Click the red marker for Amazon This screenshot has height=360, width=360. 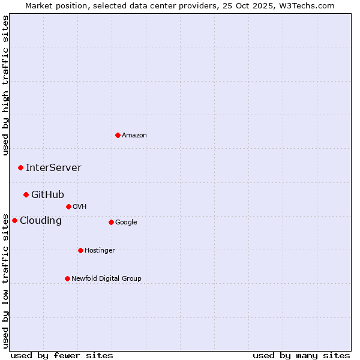[x=118, y=135]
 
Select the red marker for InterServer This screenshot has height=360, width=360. [x=20, y=167]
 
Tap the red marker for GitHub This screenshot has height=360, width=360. [x=26, y=194]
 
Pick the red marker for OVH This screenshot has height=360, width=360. [x=68, y=206]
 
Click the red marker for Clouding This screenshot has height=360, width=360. [x=14, y=220]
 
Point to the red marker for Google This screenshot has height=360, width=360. [x=111, y=222]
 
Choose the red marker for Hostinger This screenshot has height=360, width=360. [x=80, y=250]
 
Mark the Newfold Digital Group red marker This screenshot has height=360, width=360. [x=67, y=278]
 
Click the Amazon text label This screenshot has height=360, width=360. [x=134, y=136]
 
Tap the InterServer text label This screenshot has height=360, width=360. [x=53, y=168]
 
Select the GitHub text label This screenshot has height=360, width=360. [x=47, y=195]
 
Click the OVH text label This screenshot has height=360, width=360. [x=80, y=207]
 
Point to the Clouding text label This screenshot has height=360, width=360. [x=41, y=221]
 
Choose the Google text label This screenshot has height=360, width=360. [x=126, y=223]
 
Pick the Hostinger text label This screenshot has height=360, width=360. [x=100, y=251]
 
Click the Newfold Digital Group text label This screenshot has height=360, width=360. [x=106, y=279]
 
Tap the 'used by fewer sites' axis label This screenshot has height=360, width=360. [x=62, y=355]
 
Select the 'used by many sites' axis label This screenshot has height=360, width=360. [x=301, y=355]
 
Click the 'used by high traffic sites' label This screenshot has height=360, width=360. [x=5, y=85]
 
